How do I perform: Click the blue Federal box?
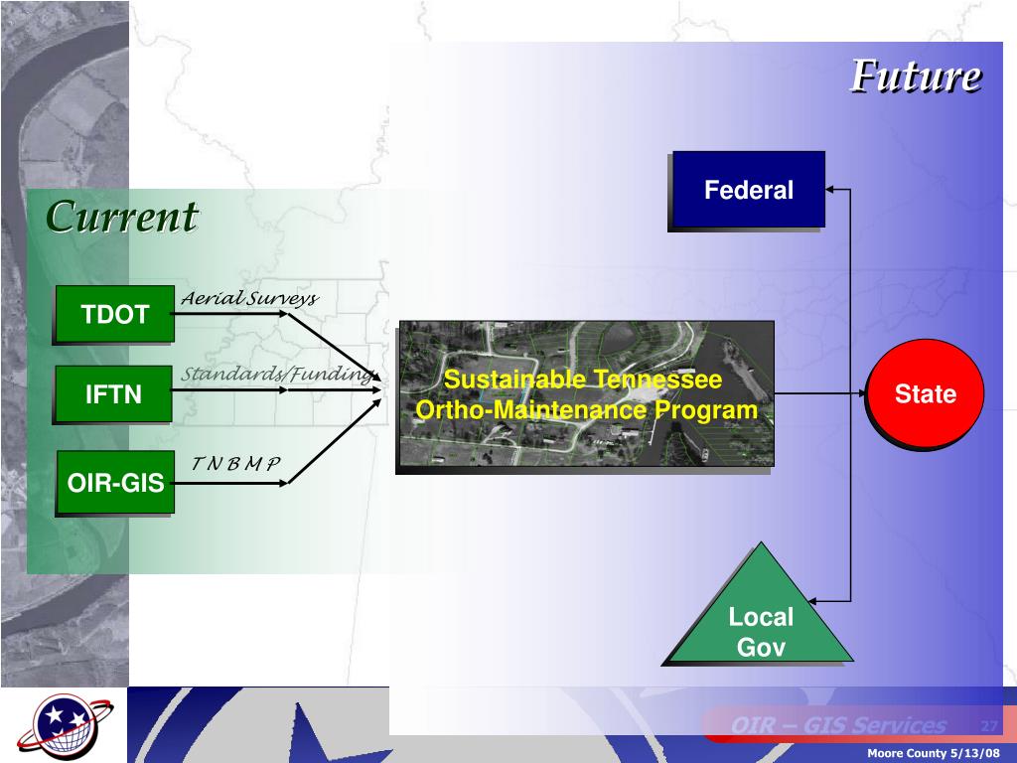[x=748, y=190]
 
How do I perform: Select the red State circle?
[x=925, y=394]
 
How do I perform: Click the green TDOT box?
[x=114, y=315]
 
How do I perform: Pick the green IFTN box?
[x=113, y=394]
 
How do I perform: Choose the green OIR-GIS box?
[x=114, y=483]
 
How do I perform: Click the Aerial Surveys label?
[x=248, y=299]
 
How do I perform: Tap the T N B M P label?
[x=236, y=464]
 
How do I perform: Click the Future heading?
[x=916, y=76]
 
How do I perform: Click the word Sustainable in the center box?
[x=516, y=380]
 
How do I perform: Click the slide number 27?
[x=988, y=725]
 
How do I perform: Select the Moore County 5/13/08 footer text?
[x=935, y=753]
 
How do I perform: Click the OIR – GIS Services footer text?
[x=838, y=726]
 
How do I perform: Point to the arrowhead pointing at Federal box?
[x=832, y=189]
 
